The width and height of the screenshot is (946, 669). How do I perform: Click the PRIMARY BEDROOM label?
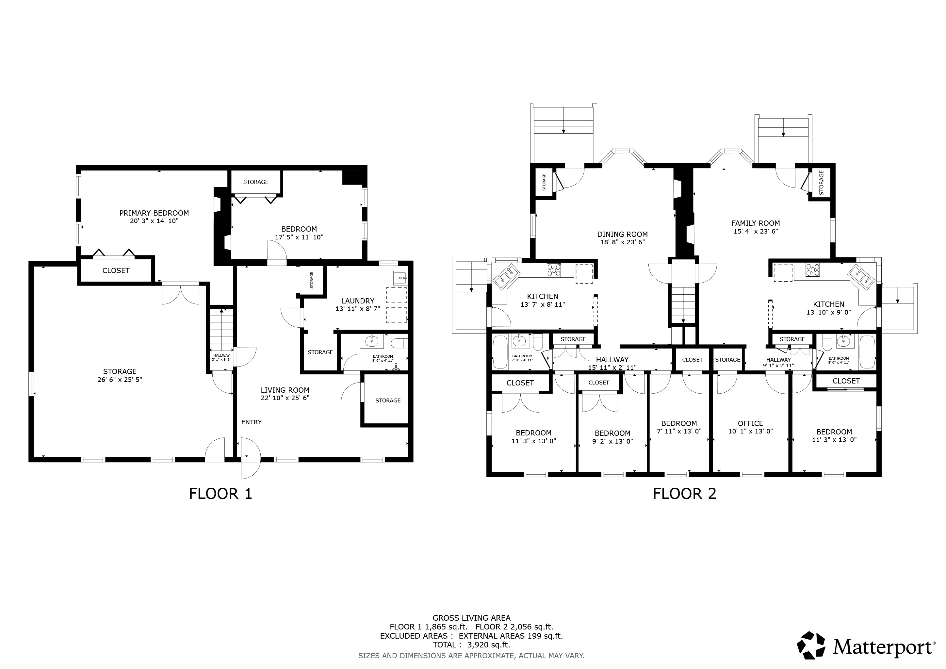coord(154,213)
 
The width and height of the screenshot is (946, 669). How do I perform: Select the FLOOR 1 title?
coord(220,494)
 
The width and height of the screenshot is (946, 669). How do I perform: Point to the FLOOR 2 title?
coord(684,494)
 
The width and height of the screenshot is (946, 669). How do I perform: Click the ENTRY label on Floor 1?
coord(251,422)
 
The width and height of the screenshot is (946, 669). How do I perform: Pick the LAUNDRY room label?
coord(358,301)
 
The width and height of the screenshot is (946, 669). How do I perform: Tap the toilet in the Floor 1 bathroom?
coord(399,343)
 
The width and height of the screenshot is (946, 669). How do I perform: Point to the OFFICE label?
coord(751,423)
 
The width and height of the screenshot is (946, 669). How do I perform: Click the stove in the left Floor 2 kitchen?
coord(554,270)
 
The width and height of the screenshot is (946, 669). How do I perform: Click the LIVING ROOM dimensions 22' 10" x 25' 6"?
coord(285,398)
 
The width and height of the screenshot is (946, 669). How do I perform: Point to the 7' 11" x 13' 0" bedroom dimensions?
coord(679,431)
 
